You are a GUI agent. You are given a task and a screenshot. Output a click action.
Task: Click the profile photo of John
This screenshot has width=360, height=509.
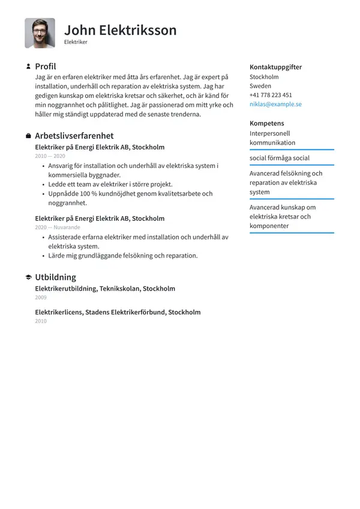(x=40, y=33)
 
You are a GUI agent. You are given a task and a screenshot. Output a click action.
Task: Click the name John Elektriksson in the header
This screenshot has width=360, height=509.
(x=120, y=30)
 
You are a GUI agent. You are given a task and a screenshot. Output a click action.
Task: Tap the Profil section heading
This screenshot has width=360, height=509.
(x=46, y=67)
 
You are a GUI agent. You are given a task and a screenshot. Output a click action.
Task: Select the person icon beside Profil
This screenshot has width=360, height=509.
(x=28, y=67)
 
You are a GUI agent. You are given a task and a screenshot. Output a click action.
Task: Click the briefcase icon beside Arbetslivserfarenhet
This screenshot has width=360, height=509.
(x=28, y=136)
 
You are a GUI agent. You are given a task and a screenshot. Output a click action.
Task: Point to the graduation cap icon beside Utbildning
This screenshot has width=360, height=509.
(x=28, y=277)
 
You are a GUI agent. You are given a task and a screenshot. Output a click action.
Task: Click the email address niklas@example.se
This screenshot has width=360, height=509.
(x=275, y=104)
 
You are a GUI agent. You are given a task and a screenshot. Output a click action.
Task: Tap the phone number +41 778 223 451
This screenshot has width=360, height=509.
(x=271, y=95)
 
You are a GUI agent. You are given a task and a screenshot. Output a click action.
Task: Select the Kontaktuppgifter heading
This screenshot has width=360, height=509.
(x=275, y=67)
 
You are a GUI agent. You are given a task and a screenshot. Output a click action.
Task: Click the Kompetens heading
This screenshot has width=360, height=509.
(x=267, y=123)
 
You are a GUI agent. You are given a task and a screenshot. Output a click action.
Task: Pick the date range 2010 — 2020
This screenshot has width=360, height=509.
(x=50, y=156)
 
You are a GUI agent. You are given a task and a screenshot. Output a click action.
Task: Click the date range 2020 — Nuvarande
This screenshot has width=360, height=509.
(x=57, y=227)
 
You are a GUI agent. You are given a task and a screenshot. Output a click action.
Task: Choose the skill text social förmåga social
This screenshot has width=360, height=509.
(x=280, y=158)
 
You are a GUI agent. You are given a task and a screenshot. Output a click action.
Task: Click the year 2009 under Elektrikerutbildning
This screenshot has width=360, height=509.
(x=41, y=298)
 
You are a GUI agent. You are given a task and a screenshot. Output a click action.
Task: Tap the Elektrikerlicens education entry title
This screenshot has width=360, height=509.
(x=118, y=312)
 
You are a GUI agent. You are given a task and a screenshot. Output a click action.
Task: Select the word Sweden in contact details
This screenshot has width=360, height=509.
(x=260, y=86)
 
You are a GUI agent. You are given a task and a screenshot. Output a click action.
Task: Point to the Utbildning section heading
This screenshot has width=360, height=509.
(x=55, y=277)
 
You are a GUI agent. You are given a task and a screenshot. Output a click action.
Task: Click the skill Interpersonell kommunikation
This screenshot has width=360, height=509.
(x=272, y=138)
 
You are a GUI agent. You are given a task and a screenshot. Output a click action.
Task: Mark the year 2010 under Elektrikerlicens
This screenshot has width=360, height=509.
(x=41, y=321)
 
